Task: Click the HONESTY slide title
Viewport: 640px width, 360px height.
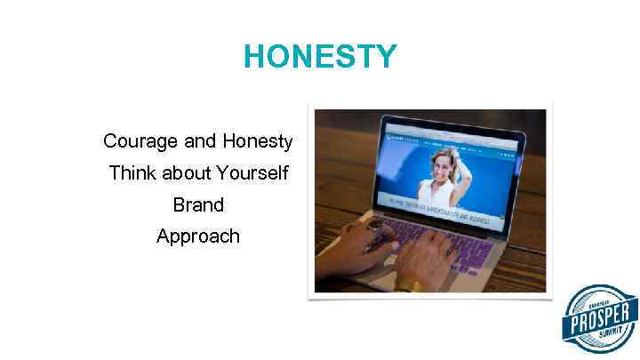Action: point(320,57)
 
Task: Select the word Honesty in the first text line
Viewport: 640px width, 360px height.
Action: point(258,141)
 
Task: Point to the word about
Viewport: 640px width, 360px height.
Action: point(187,173)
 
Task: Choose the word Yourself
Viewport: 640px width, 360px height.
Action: point(252,173)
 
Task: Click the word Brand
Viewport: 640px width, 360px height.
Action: point(198,204)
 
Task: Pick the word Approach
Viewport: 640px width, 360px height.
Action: point(198,236)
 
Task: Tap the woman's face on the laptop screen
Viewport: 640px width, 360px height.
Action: point(442,164)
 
